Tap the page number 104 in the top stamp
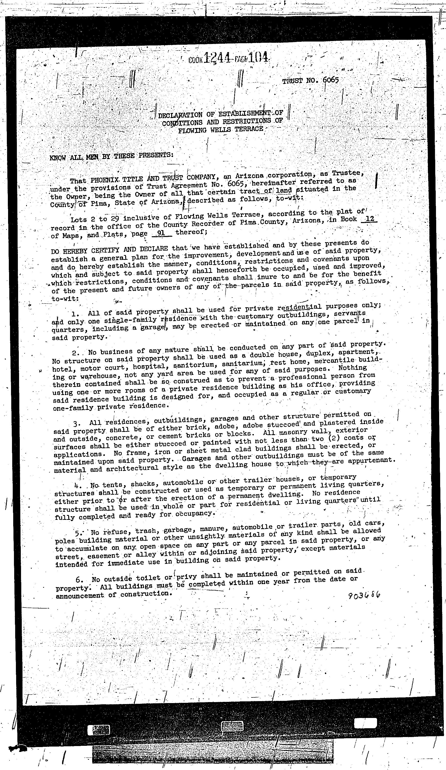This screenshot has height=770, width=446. (259, 57)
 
